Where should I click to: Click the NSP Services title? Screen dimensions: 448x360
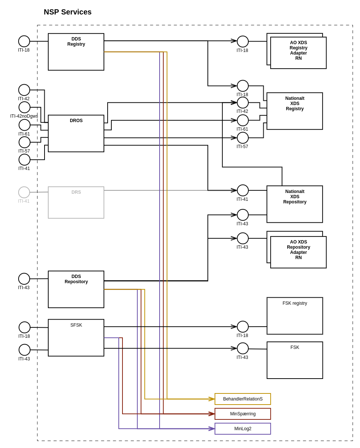pyautogui.click(x=68, y=12)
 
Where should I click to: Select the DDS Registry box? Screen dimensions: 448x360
pyautogui.click(x=76, y=52)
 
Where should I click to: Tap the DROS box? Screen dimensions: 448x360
pyautogui.click(x=76, y=134)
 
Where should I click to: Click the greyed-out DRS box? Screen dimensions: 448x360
pyautogui.click(x=76, y=203)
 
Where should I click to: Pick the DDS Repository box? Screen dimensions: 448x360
pyautogui.click(x=76, y=290)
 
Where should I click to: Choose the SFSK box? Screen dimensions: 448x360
pyautogui.click(x=76, y=338)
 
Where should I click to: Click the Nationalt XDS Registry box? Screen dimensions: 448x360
pyautogui.click(x=295, y=111)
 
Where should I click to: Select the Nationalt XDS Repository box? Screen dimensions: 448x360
pyautogui.click(x=295, y=204)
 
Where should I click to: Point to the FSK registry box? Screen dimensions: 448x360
pyautogui.click(x=295, y=316)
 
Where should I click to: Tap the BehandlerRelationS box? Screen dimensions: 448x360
pyautogui.click(x=243, y=399)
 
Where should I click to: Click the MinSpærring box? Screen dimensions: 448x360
pyautogui.click(x=243, y=414)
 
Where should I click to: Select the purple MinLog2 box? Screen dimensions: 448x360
pyautogui.click(x=243, y=429)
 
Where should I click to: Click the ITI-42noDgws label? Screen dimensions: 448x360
pyautogui.click(x=24, y=116)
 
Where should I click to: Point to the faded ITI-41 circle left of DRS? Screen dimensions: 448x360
pyautogui.click(x=24, y=192)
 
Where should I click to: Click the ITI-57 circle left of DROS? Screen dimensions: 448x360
pyautogui.click(x=24, y=142)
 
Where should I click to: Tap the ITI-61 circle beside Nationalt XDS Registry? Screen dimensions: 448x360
pyautogui.click(x=243, y=120)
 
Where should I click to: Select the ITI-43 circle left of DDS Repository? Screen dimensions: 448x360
pyautogui.click(x=24, y=279)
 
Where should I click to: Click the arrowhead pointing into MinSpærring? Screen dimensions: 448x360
pyautogui.click(x=212, y=414)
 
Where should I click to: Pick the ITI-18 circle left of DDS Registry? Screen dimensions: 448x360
pyautogui.click(x=24, y=41)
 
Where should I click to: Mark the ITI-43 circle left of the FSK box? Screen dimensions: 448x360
pyautogui.click(x=243, y=349)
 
